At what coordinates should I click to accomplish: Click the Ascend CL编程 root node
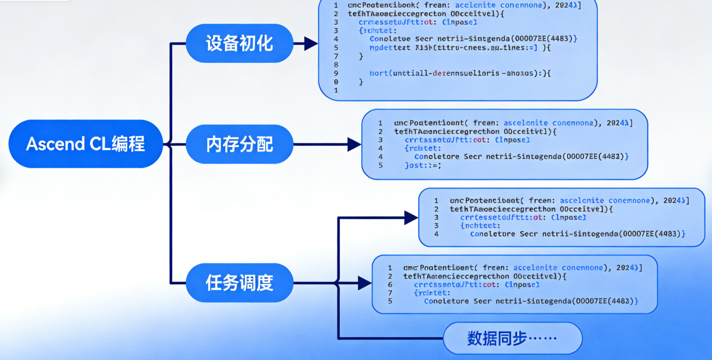(85, 144)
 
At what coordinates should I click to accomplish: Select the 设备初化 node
(239, 43)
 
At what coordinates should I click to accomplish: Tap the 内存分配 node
(239, 144)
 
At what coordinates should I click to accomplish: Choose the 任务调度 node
(239, 283)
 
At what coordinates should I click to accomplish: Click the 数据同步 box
(512, 338)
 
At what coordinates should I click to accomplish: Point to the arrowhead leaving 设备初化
(311, 43)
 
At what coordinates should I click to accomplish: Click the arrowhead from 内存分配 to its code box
(354, 144)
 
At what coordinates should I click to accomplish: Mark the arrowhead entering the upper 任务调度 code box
(411, 218)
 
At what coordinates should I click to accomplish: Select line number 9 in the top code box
(336, 73)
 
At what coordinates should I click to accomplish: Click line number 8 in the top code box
(336, 64)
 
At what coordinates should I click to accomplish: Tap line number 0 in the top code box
(336, 82)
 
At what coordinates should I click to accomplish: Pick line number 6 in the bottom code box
(390, 284)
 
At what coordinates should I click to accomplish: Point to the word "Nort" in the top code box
(378, 73)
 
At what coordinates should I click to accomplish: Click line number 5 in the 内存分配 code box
(380, 165)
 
